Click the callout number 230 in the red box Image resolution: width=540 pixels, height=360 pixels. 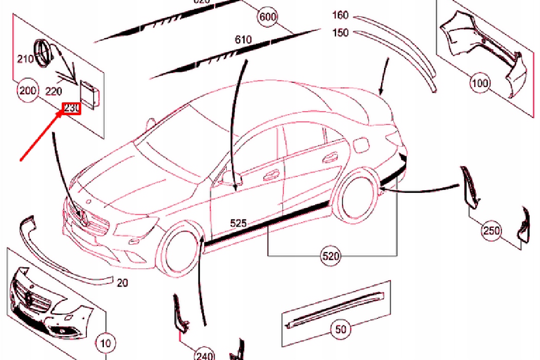pyautogui.click(x=72, y=109)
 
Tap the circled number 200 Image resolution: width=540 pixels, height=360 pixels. pyautogui.click(x=27, y=91)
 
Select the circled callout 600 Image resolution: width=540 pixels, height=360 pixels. pyautogui.click(x=267, y=17)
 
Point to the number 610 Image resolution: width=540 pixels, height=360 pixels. pyautogui.click(x=243, y=40)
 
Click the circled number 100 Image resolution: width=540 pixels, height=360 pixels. pyautogui.click(x=480, y=82)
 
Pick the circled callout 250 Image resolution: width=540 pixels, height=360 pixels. pyautogui.click(x=492, y=231)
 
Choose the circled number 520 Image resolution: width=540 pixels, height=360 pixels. pyautogui.click(x=331, y=256)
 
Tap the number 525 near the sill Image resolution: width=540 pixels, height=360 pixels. pyautogui.click(x=238, y=224)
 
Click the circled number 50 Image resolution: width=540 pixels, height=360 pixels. pyautogui.click(x=340, y=329)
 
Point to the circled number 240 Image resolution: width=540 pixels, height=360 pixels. pyautogui.click(x=205, y=355)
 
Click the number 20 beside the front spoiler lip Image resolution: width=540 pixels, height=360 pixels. pyautogui.click(x=122, y=282)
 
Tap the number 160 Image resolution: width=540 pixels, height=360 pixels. pyautogui.click(x=340, y=15)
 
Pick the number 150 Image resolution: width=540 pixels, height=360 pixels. pyautogui.click(x=340, y=32)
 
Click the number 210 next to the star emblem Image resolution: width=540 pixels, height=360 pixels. pyautogui.click(x=26, y=59)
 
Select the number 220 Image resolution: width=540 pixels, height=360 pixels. pyautogui.click(x=53, y=92)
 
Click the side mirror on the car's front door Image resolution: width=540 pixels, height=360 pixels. pyautogui.click(x=225, y=177)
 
